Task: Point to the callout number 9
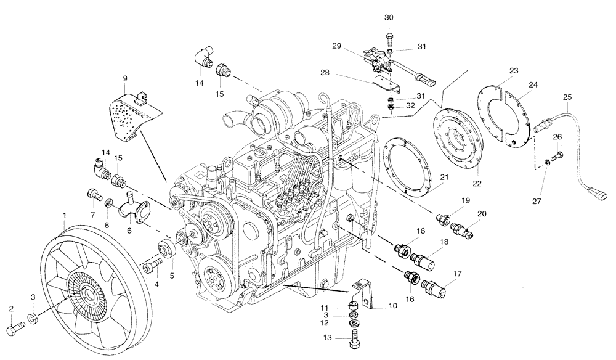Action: [125, 78]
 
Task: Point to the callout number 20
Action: [481, 213]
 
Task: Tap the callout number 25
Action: [567, 97]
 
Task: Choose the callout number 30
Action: [389, 17]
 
